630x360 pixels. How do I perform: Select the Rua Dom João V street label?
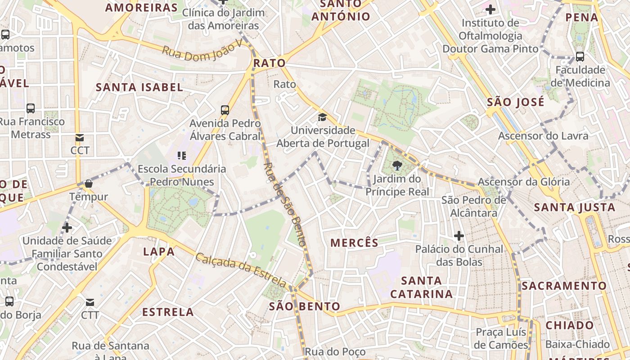pos(202,50)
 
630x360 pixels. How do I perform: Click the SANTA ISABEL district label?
pos(139,87)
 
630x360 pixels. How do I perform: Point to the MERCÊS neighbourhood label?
pos(355,243)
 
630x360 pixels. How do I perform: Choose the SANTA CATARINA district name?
pos(421,287)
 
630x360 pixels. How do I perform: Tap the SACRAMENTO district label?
pos(564,286)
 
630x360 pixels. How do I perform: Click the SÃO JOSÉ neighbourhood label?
pos(516,102)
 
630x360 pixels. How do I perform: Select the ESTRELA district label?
pos(168,312)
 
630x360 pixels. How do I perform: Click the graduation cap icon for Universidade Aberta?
pos(322,118)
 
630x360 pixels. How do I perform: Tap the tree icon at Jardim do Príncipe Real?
pos(397,166)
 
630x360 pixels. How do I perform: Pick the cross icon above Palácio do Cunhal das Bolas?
pos(459,236)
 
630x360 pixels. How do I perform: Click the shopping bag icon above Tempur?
pos(89,184)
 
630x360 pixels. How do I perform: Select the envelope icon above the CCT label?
pos(80,138)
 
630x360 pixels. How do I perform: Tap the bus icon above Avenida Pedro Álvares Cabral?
pos(225,110)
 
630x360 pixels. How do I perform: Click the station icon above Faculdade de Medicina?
pos(580,57)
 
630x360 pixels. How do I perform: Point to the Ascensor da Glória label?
pos(523,182)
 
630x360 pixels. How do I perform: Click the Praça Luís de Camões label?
pos(502,338)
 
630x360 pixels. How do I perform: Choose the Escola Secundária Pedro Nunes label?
pos(182,175)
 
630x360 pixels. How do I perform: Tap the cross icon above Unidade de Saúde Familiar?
pos(67,228)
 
